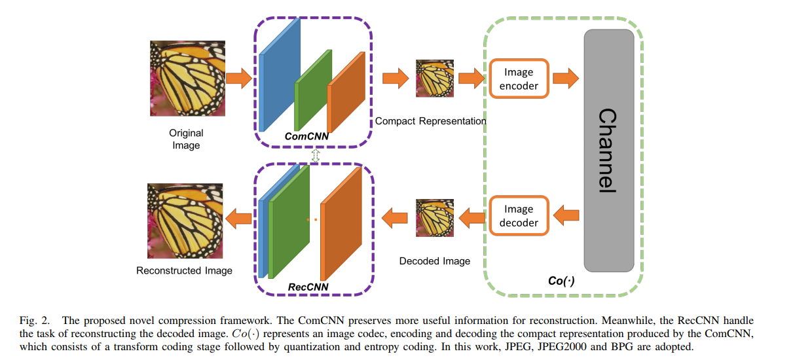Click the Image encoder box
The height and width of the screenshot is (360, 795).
519,79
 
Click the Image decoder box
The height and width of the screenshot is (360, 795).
519,216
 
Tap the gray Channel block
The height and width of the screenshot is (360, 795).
609,151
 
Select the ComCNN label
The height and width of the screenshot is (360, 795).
306,137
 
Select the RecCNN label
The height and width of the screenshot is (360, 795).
308,286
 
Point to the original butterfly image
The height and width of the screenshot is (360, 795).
186,79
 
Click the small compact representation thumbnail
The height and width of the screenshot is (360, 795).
434,79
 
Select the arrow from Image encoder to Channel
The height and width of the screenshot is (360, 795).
565,79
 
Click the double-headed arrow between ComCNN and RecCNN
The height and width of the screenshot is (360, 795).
316,156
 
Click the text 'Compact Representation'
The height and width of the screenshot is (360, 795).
430,121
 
